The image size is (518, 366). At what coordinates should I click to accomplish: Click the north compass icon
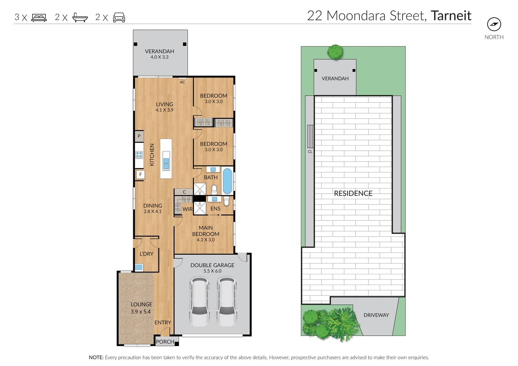(494, 24)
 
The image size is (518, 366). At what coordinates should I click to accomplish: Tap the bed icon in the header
(39, 18)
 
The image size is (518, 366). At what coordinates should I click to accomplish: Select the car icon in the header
(119, 17)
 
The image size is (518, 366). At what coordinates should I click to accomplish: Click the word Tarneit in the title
(451, 16)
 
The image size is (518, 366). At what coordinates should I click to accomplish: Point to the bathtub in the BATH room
(227, 181)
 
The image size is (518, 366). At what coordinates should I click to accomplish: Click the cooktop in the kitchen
(139, 155)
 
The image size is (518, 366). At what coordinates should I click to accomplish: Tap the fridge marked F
(140, 174)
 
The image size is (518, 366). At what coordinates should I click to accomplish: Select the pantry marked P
(139, 136)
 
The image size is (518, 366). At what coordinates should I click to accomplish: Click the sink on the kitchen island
(166, 163)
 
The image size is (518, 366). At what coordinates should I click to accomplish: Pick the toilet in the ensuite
(226, 201)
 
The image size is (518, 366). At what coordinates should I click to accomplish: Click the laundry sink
(139, 267)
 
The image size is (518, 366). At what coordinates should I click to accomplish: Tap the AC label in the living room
(182, 82)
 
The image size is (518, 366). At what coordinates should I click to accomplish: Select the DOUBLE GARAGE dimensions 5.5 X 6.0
(212, 271)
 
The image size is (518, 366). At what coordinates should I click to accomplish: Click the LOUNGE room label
(141, 304)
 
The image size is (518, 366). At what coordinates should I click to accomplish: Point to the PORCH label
(165, 342)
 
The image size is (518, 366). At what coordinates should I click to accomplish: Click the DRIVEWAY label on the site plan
(376, 315)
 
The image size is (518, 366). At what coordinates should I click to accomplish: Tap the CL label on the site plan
(310, 152)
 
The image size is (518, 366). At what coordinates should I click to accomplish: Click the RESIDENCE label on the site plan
(353, 193)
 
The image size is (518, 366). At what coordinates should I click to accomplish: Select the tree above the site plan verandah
(335, 52)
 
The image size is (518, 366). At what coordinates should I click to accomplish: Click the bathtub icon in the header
(80, 17)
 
